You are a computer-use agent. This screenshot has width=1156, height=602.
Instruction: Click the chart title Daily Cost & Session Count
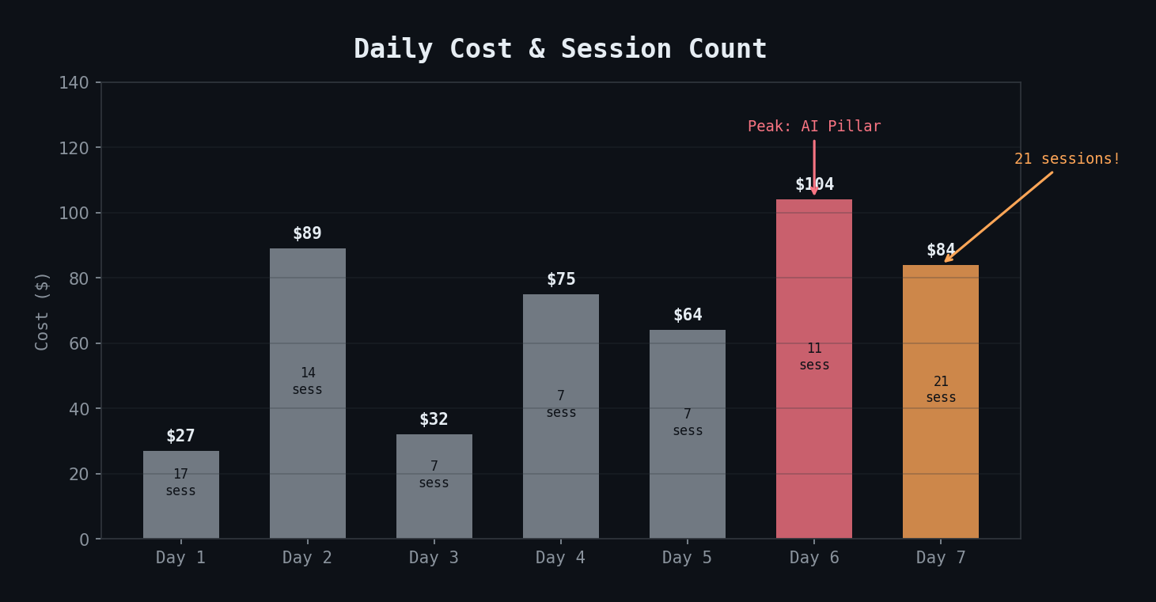click(560, 49)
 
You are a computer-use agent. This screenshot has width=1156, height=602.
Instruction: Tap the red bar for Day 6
click(813, 443)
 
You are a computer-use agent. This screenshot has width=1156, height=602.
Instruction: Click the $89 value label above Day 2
click(307, 233)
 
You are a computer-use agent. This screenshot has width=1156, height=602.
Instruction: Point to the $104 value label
click(814, 184)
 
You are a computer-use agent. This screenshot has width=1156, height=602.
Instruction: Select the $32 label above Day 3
click(434, 419)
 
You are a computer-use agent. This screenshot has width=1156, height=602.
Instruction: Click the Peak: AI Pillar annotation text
click(814, 127)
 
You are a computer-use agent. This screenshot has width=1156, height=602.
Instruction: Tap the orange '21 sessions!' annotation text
click(1067, 159)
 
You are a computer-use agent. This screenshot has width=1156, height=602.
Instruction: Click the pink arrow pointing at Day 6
click(814, 166)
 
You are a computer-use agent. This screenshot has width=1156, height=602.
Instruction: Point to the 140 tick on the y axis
click(74, 83)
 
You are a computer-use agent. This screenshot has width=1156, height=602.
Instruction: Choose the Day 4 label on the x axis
click(560, 558)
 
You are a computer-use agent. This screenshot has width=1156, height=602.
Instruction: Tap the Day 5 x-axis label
click(687, 558)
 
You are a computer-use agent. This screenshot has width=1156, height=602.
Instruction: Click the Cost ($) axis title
click(43, 310)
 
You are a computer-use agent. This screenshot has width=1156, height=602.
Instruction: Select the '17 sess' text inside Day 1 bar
click(180, 483)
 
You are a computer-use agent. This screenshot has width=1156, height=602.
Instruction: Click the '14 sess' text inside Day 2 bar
click(307, 381)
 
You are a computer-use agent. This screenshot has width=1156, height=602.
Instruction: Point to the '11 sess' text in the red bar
click(814, 357)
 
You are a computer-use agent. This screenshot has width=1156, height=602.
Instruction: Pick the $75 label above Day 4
click(561, 279)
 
